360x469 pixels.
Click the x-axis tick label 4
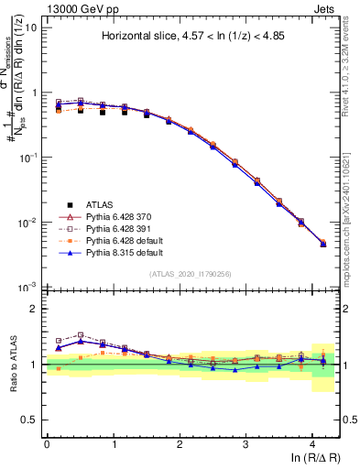tap(312, 443)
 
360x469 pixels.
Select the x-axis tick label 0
tap(47, 443)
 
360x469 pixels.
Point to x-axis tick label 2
tap(180, 443)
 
